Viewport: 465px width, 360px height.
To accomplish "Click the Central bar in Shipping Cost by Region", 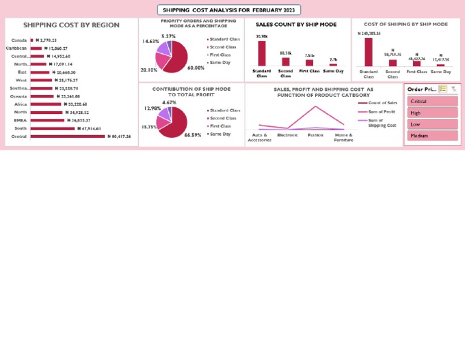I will (x=67, y=136).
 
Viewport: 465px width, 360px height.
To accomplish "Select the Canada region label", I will (x=19, y=40).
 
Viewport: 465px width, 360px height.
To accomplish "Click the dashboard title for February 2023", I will (x=229, y=10).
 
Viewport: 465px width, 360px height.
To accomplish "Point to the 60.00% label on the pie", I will (x=196, y=68).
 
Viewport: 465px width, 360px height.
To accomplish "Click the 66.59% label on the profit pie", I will (x=193, y=135).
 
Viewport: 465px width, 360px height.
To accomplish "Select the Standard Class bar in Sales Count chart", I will (x=262, y=53).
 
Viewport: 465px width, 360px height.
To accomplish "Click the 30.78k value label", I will (x=262, y=36).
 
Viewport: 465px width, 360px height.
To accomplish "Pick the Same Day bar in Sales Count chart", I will (x=333, y=64).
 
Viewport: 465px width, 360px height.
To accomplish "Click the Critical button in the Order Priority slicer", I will (x=432, y=101).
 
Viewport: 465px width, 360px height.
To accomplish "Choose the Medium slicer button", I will (x=432, y=136).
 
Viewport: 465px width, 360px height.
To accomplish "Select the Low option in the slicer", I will (x=432, y=124).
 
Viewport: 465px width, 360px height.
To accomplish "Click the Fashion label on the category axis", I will (x=315, y=135).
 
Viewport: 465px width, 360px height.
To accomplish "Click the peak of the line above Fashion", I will (x=315, y=107).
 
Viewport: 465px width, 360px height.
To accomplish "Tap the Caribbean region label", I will (x=16, y=48).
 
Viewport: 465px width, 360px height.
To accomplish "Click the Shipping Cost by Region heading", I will (x=71, y=25).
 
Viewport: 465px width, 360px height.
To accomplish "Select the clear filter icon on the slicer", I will (x=453, y=89).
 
